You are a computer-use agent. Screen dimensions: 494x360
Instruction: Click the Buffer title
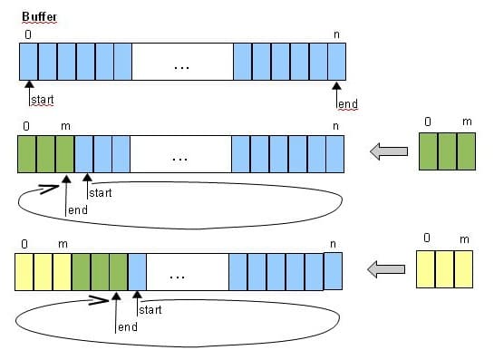click(39, 16)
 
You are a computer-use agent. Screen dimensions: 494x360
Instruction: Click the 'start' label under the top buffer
click(43, 100)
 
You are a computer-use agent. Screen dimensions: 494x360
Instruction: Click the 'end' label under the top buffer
click(347, 103)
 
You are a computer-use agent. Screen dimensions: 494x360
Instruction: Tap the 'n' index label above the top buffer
click(337, 34)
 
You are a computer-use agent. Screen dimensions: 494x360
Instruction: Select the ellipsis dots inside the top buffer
click(181, 67)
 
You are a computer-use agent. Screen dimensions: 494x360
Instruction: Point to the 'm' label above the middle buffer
click(65, 126)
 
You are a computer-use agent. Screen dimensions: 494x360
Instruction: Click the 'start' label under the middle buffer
click(101, 193)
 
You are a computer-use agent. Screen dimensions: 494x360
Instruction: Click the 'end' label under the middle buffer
click(78, 210)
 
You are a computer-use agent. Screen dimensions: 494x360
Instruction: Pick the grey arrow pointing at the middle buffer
click(389, 151)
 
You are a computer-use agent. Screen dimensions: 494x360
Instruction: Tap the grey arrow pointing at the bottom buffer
click(386, 269)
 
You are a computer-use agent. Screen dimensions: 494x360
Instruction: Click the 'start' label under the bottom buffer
click(150, 310)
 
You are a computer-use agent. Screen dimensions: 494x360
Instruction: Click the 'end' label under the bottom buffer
click(128, 327)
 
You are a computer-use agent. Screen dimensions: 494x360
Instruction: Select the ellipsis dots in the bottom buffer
click(178, 277)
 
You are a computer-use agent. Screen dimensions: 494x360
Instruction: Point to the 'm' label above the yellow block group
click(464, 239)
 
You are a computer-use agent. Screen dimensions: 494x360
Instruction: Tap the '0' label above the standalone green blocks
click(428, 122)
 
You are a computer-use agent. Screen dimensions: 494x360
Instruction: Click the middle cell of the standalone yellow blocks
click(444, 269)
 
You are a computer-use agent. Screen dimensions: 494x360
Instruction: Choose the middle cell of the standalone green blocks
click(448, 151)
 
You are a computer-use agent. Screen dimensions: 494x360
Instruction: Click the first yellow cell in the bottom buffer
click(24, 272)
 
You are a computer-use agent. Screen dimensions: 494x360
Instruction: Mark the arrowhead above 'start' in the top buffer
click(29, 84)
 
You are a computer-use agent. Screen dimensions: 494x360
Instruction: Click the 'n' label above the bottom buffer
click(334, 244)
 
